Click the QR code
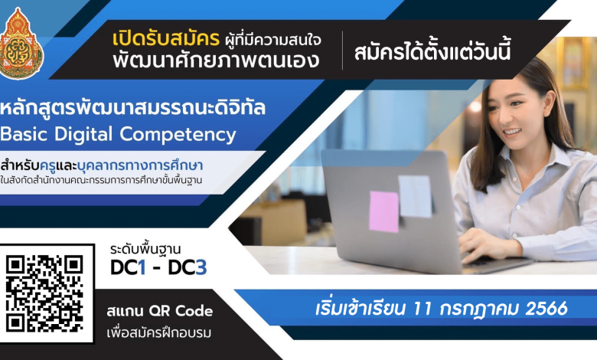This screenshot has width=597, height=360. (x=44, y=293)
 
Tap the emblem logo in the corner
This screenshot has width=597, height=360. (x=21, y=44)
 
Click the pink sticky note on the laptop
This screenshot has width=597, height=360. (x=383, y=211)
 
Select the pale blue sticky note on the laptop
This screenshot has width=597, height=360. (x=415, y=196)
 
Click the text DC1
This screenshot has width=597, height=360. (x=128, y=267)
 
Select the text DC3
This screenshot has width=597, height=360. (x=188, y=267)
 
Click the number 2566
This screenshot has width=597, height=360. (x=546, y=309)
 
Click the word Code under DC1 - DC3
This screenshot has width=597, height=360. (x=194, y=311)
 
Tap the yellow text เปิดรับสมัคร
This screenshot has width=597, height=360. (x=166, y=38)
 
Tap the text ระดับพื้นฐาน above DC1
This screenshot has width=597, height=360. (x=145, y=250)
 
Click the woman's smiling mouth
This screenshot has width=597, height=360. (x=512, y=133)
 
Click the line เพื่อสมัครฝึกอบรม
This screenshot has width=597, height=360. (x=158, y=332)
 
